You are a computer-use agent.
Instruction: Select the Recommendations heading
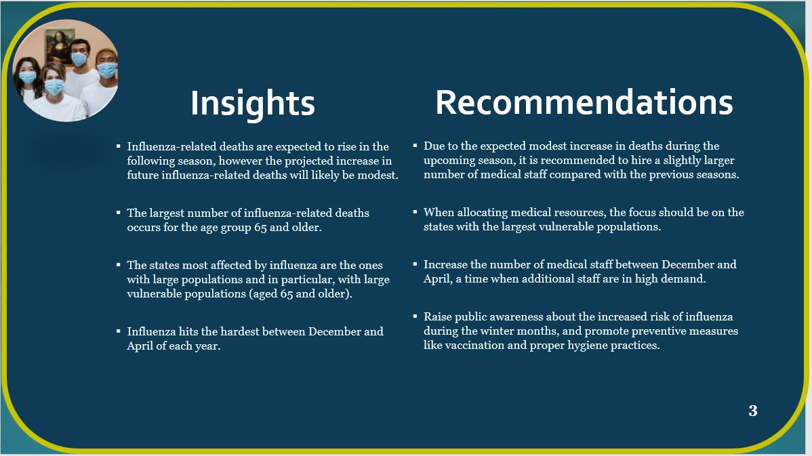[x=584, y=102]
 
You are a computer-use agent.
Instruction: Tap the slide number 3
[x=753, y=411]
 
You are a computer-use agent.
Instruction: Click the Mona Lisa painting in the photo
[x=59, y=46]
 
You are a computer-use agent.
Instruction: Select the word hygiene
[x=587, y=346]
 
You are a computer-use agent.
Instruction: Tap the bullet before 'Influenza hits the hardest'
[x=119, y=330]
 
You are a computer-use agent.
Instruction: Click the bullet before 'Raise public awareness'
[x=415, y=315]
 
